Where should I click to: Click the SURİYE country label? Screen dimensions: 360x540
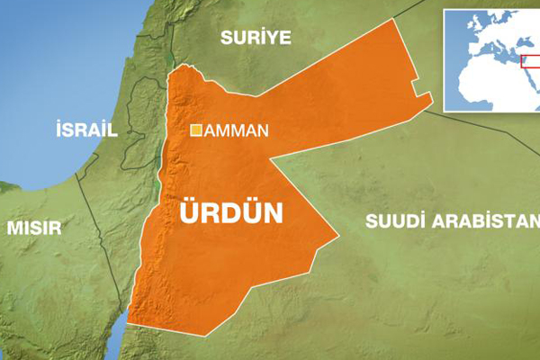pos(256,37)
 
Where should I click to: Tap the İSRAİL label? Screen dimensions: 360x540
pos(86,130)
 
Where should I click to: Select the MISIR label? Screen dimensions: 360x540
pos(34,227)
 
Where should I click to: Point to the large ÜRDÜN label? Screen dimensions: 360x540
pos(231,213)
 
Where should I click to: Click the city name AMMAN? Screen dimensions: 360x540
pos(237,130)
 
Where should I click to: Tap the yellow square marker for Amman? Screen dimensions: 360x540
pos(195,130)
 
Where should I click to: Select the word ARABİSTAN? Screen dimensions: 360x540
pos(490,221)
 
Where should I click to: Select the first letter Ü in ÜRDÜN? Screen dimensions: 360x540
pos(191,211)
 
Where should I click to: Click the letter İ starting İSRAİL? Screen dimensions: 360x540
pos(58,130)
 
